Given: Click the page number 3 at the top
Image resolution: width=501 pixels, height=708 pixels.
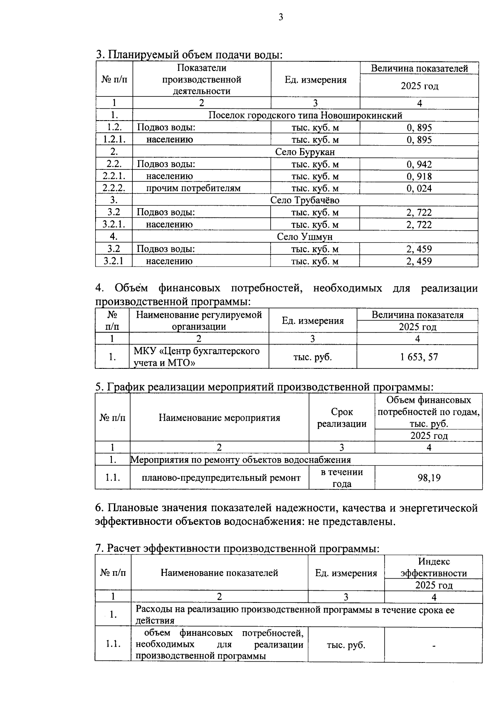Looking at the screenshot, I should (281, 17).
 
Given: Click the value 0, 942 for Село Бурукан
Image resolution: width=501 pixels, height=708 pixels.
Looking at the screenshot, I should (419, 164).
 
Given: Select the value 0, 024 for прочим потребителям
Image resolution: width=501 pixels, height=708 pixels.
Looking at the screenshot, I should (419, 189).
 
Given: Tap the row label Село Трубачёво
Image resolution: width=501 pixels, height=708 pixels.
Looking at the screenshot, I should (305, 200).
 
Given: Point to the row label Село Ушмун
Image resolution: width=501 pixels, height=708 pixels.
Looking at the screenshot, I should (305, 237).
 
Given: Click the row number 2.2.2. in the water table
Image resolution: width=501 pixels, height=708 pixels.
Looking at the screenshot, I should (114, 189).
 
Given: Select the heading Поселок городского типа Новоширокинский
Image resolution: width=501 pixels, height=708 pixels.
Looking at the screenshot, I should (305, 116).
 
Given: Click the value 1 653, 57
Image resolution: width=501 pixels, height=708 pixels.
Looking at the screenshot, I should (417, 357).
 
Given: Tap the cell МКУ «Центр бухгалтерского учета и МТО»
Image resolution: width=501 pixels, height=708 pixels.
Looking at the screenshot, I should (196, 357).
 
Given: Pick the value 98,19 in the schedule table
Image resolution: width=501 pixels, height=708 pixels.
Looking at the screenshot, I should (429, 478).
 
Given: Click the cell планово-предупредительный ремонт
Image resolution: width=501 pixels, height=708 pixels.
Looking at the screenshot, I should (221, 478).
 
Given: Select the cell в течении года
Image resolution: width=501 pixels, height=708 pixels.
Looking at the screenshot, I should (342, 478).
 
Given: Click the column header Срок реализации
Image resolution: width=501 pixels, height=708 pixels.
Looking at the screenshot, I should (342, 418).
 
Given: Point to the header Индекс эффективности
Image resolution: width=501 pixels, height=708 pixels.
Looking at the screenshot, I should (433, 567).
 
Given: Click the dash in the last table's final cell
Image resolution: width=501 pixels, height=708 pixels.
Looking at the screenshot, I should (434, 646).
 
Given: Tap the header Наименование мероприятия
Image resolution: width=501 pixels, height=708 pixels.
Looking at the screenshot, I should (219, 418).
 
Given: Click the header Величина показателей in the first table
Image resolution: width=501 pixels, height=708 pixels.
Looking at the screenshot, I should (419, 68).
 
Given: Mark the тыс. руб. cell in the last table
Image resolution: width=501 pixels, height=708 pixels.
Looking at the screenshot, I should (346, 645).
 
